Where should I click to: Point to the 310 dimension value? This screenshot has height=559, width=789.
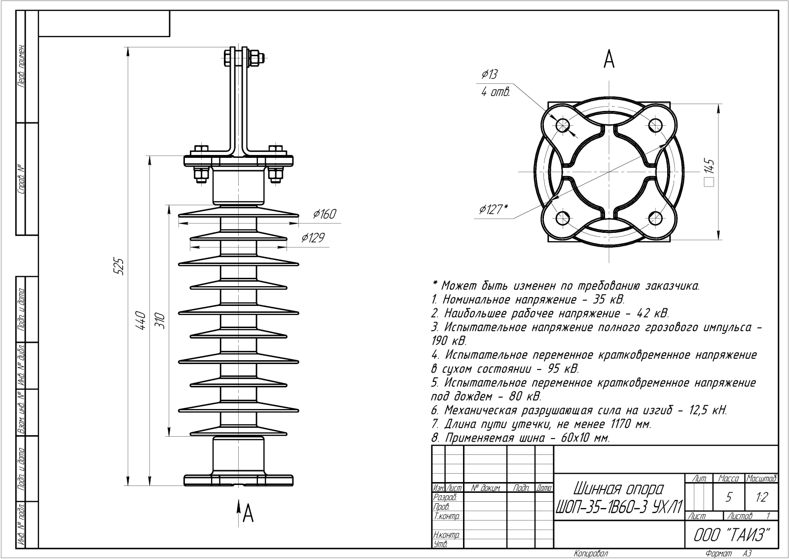[160, 321]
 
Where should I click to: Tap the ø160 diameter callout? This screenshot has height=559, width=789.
[324, 214]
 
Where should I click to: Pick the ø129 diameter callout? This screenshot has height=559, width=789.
[313, 238]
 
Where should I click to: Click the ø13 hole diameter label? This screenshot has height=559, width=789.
[489, 75]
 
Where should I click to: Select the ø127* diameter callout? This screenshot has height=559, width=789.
[492, 210]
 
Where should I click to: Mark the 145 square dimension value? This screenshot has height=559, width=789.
[709, 167]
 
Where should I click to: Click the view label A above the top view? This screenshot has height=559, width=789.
[609, 60]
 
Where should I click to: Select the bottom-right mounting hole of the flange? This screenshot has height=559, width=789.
[655, 218]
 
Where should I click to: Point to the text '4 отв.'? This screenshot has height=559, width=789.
[495, 92]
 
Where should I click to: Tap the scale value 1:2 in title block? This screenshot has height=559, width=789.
[761, 497]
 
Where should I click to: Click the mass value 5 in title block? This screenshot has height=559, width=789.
[728, 497]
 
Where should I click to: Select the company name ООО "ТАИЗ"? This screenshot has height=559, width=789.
[732, 535]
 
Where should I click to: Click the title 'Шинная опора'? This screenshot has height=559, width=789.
[618, 489]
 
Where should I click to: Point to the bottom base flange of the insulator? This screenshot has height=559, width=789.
[239, 480]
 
